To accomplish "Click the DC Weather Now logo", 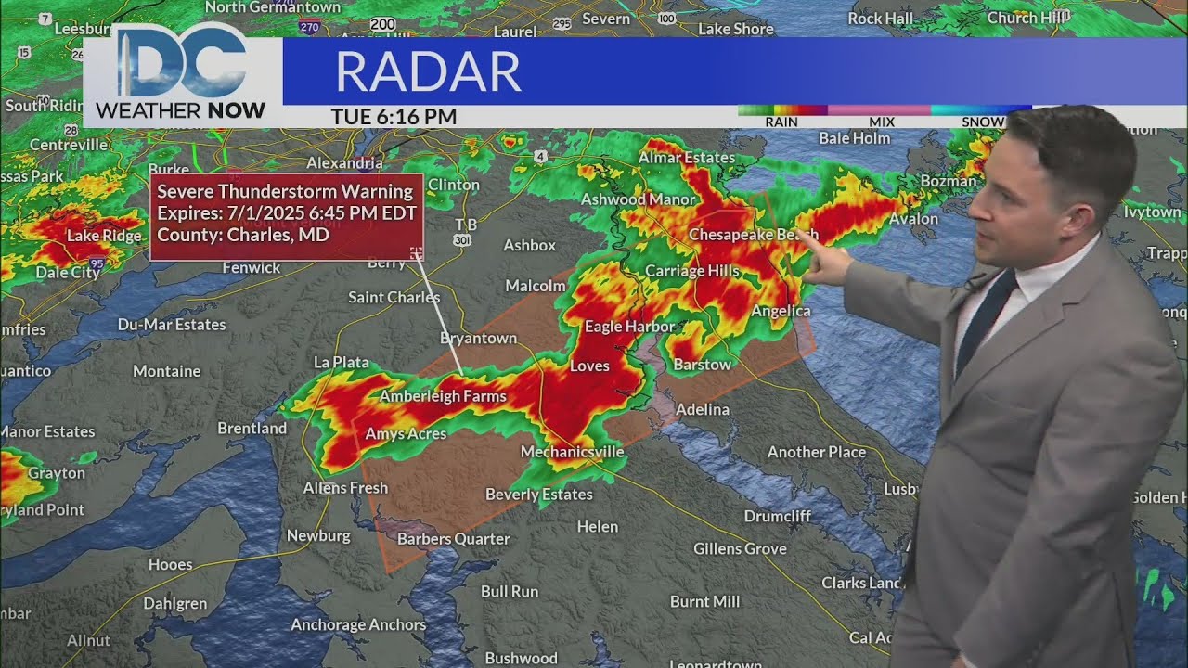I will point(181,74).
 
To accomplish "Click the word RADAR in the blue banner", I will point(428,71).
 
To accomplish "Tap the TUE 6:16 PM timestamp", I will point(394,117).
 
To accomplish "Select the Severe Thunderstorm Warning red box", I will point(286,216).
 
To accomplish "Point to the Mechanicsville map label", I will point(572,452).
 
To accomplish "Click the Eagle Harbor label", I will point(629,327).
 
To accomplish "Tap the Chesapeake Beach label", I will point(753,235).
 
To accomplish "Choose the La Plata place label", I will point(342,363).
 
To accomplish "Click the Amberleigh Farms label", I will point(443,397).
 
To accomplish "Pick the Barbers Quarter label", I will point(453,539).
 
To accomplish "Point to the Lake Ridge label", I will point(104,236).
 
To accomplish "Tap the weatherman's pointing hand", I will point(828,262).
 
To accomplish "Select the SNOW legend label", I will point(982,122).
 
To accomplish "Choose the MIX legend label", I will point(882,122).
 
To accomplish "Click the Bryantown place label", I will point(478,339).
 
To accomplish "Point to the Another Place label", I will point(816,453).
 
